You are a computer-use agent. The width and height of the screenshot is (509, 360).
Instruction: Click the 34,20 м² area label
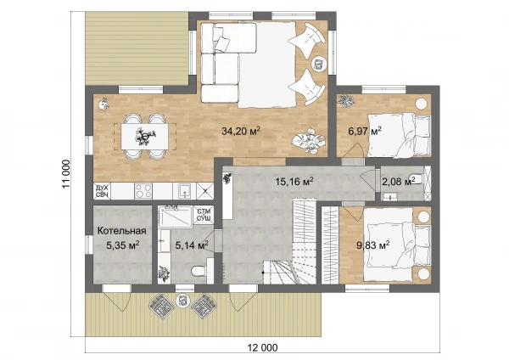(241, 131)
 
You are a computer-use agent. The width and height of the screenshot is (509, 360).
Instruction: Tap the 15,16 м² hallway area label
(294, 181)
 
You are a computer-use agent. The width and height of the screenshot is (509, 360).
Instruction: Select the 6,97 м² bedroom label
(365, 131)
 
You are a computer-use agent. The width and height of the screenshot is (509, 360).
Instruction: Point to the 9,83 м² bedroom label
(373, 245)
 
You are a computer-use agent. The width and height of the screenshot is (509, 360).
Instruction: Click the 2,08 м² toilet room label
(399, 182)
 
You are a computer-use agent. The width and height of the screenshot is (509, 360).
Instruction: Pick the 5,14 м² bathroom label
(192, 245)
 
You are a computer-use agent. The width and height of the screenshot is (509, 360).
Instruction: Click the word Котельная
(121, 231)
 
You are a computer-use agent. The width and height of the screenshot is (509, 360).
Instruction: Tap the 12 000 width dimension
(263, 347)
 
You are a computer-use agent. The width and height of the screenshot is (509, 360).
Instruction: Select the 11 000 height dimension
(66, 174)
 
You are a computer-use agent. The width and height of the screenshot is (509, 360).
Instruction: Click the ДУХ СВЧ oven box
(103, 191)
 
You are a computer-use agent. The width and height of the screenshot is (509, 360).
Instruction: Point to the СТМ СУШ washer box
(204, 215)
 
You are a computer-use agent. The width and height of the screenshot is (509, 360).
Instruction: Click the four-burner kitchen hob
(143, 191)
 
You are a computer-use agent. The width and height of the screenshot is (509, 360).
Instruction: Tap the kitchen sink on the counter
(184, 191)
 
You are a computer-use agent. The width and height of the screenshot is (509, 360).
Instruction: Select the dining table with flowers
(145, 137)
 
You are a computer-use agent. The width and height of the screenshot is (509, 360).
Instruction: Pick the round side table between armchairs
(318, 63)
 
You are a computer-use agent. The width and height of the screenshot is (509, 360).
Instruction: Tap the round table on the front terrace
(182, 300)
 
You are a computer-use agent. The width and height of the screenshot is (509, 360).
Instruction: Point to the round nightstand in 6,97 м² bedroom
(422, 104)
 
